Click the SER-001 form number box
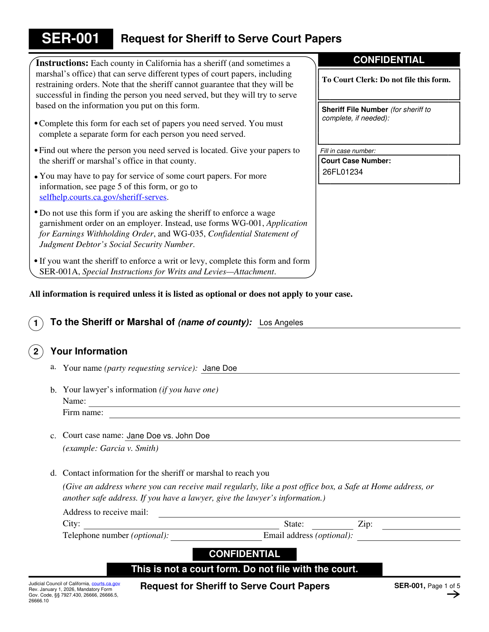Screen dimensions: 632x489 click(70, 39)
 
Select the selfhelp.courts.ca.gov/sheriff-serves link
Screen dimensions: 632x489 click(103, 197)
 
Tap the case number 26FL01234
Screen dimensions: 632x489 click(343, 172)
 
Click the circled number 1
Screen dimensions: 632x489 click(36, 324)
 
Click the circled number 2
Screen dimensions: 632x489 click(36, 352)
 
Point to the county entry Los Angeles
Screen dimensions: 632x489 click(281, 323)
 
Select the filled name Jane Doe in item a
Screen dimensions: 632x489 click(220, 368)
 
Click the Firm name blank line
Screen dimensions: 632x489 click(284, 413)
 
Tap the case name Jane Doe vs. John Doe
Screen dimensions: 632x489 click(168, 436)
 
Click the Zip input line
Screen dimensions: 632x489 click(421, 525)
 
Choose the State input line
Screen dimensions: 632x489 click(332, 525)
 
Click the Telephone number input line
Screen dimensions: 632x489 click(216, 536)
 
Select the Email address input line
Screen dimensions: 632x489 click(408, 536)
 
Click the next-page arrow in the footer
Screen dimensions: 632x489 click(453, 595)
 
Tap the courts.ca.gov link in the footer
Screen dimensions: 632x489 click(106, 584)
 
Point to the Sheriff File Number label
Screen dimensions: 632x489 click(355, 109)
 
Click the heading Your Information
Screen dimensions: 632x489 click(89, 352)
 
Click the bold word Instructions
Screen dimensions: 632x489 click(62, 63)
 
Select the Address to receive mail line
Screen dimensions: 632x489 click(309, 513)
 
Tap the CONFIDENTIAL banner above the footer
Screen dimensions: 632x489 click(244, 554)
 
